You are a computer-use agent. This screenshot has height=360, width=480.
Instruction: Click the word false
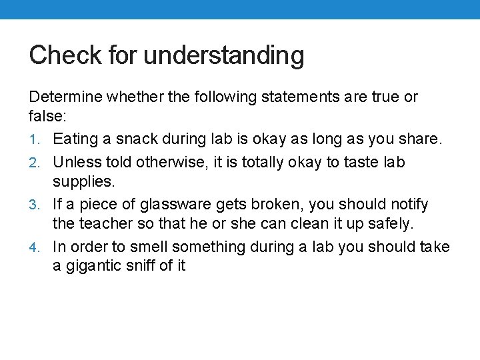47,116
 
